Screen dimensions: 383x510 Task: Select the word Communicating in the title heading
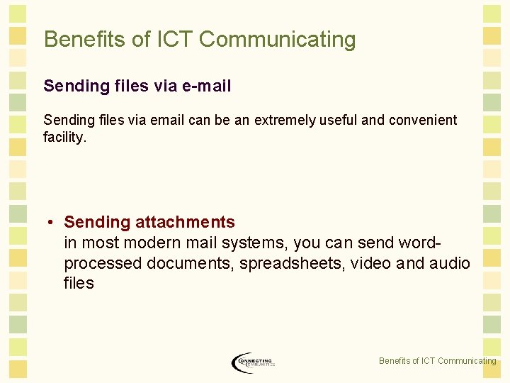[278, 39]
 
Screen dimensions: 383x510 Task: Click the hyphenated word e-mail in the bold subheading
[206, 86]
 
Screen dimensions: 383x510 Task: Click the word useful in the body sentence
[339, 120]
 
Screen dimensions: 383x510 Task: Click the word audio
[449, 263]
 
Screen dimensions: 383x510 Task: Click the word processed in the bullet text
[103, 263]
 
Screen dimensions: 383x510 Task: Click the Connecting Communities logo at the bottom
[253, 362]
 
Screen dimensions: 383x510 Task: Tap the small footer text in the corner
[437, 361]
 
